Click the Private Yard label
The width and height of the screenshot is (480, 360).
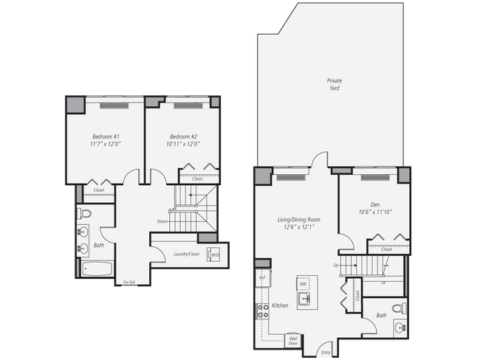pyautogui.click(x=335, y=84)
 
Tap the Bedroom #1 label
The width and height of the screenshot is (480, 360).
pyautogui.click(x=106, y=140)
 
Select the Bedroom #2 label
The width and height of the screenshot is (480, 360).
pyautogui.click(x=183, y=140)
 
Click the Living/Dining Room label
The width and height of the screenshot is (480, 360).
pyautogui.click(x=298, y=223)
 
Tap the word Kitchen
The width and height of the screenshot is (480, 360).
pyautogui.click(x=280, y=305)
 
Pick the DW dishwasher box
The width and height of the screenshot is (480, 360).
pyautogui.click(x=303, y=283)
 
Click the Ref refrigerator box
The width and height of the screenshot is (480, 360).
pyautogui.click(x=262, y=277)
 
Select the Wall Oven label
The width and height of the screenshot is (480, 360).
pyautogui.click(x=293, y=340)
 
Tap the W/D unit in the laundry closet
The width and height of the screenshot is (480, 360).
pyautogui.click(x=215, y=255)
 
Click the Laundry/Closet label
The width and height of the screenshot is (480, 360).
pyautogui.click(x=186, y=255)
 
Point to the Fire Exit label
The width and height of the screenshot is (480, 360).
pyautogui.click(x=128, y=282)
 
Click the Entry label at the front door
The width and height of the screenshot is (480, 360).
pyautogui.click(x=326, y=353)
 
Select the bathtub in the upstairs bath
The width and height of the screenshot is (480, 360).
pyautogui.click(x=96, y=269)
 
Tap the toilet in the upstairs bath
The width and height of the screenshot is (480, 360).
pyautogui.click(x=84, y=215)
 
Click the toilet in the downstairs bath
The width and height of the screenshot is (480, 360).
pyautogui.click(x=399, y=308)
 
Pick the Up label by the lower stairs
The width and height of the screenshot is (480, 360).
pyautogui.click(x=336, y=265)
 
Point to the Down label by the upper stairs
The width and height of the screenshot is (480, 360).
pyautogui.click(x=162, y=221)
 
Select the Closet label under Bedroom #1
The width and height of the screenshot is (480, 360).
pyautogui.click(x=98, y=190)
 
